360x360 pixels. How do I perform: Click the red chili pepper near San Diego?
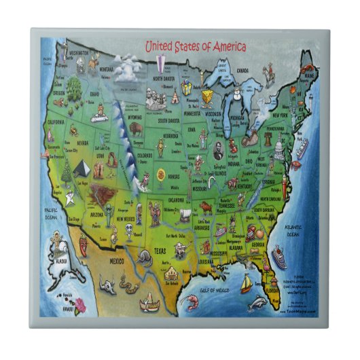(84, 242)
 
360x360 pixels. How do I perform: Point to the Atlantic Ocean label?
(293, 230)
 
